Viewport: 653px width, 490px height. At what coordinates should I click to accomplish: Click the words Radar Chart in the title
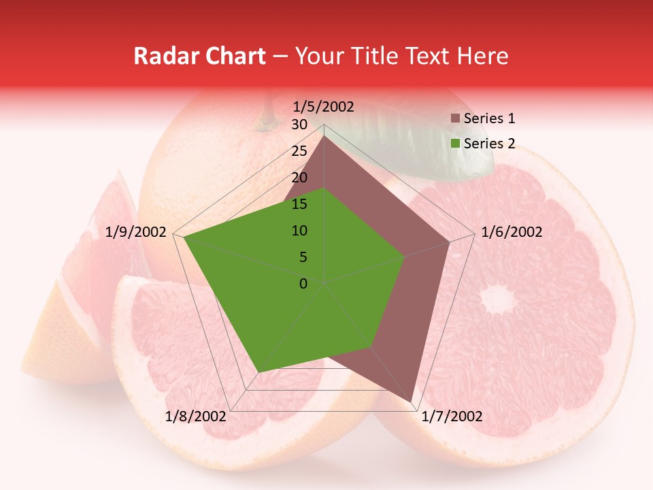coord(199,56)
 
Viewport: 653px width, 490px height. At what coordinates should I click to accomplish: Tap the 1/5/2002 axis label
coord(323,107)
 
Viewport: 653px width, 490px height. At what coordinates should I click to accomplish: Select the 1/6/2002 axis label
coord(512,232)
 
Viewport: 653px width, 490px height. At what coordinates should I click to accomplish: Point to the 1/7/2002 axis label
coord(452,416)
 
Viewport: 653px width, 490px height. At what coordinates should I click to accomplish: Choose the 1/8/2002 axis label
coord(196,416)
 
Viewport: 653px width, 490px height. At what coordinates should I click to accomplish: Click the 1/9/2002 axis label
coord(136,232)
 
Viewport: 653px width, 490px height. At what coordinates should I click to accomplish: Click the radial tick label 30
coord(299,125)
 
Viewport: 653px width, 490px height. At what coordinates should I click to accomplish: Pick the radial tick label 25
coord(299,151)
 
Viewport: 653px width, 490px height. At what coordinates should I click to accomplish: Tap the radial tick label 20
coord(299,178)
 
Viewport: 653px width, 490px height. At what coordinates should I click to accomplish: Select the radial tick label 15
coord(299,204)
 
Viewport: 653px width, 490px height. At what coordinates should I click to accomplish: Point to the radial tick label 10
coord(299,231)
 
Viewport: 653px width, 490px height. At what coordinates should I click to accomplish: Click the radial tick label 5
coord(303,257)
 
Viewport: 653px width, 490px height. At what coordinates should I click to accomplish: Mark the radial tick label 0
coord(303,284)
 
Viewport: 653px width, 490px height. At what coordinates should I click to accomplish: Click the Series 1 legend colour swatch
coord(455,119)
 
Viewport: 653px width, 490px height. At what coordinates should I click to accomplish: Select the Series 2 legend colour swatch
coord(455,144)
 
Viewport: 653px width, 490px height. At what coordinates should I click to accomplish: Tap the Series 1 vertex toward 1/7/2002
coord(411,401)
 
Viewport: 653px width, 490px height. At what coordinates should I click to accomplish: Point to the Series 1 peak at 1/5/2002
coord(324,137)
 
